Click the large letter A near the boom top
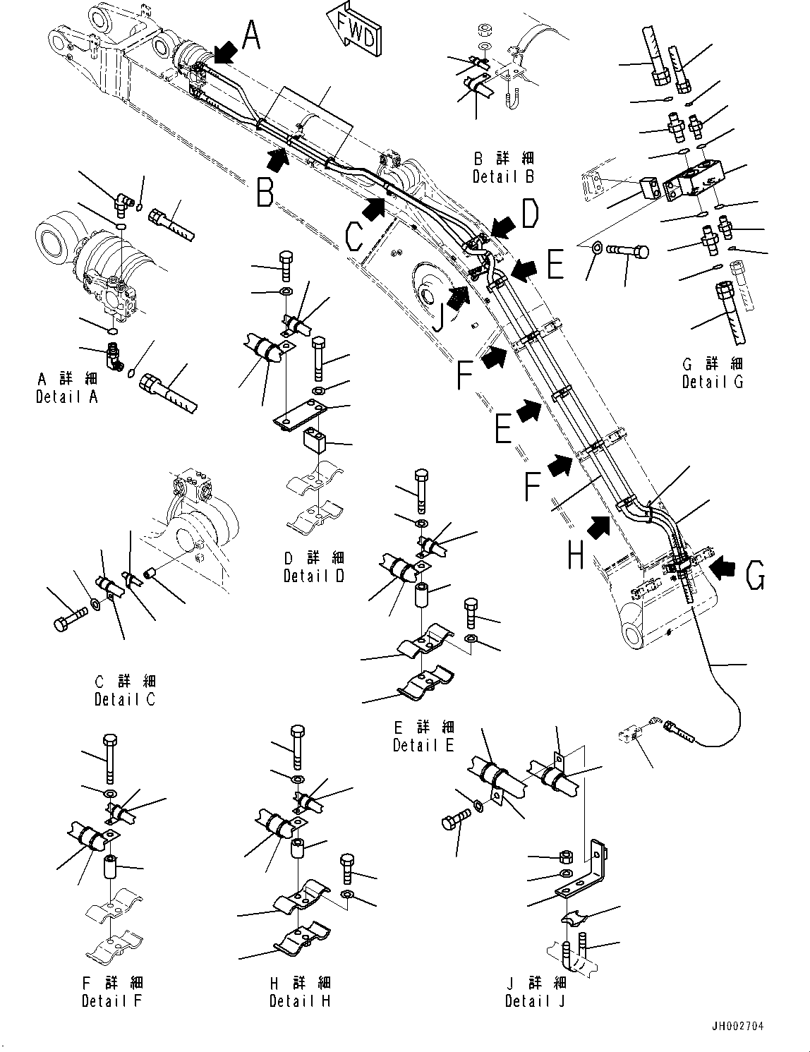(253, 35)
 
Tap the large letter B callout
(265, 192)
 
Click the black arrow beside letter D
(504, 226)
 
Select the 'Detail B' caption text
(503, 176)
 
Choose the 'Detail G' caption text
(712, 382)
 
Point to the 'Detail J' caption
(536, 1000)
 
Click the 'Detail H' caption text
(300, 1000)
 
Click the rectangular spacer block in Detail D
(315, 441)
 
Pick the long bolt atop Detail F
(111, 758)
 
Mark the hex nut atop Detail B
(484, 30)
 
